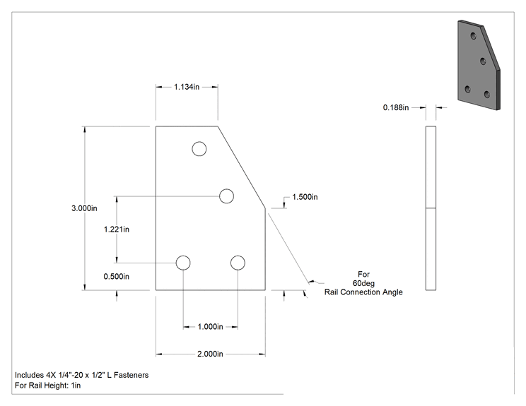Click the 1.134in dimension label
[x=187, y=87]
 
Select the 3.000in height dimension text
[x=84, y=208]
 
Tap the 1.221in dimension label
[x=117, y=229]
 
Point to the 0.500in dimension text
[x=117, y=276]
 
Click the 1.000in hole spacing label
[x=211, y=327]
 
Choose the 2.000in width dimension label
[x=211, y=354]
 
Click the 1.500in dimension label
[x=305, y=197]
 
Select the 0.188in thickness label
[x=396, y=107]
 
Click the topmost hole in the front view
[x=199, y=149]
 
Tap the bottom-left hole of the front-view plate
[x=183, y=263]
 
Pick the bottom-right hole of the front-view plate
[x=238, y=263]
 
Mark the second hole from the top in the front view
[x=226, y=196]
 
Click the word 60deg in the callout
[x=363, y=283]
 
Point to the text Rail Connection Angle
[x=363, y=292]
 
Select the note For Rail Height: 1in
[x=47, y=386]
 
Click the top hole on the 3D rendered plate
[x=474, y=35]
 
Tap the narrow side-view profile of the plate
[x=431, y=208]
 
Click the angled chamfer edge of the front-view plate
[x=242, y=167]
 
